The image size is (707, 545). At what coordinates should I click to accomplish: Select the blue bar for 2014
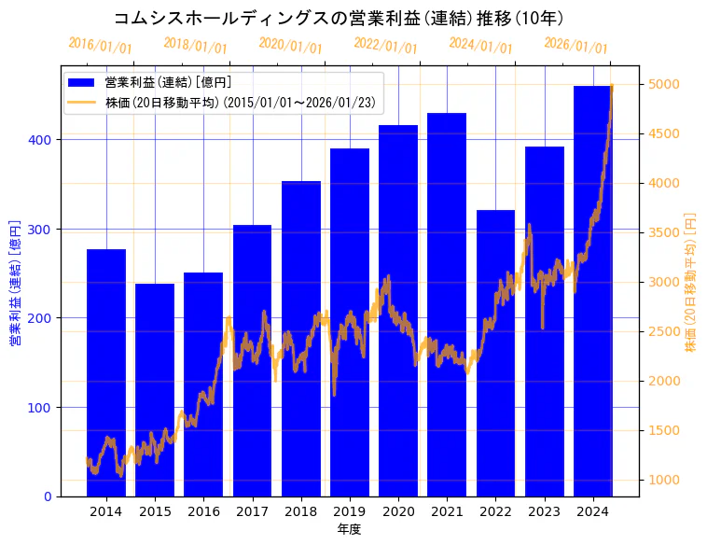pyautogui.click(x=106, y=373)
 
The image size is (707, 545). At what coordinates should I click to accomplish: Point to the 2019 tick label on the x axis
pyautogui.click(x=350, y=511)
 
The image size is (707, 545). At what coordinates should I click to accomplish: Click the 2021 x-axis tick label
pyautogui.click(x=447, y=511)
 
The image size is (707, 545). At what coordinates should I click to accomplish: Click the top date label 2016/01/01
pyautogui.click(x=101, y=46)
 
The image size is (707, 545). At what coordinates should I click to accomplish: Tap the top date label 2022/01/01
pyautogui.click(x=386, y=46)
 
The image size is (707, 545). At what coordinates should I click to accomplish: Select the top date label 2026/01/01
pyautogui.click(x=575, y=46)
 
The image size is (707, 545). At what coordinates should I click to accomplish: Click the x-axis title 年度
pyautogui.click(x=349, y=529)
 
